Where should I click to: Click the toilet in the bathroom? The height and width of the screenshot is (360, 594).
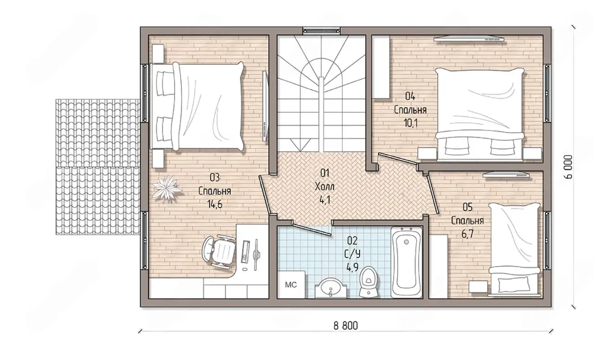coord(368,282)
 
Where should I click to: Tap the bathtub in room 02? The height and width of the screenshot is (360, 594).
coord(406,262)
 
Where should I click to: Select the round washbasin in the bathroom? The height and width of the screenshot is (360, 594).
coord(331,288)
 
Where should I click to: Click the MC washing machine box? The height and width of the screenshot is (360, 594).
coord(291,284)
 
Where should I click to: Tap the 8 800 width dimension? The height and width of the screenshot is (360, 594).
coord(346,326)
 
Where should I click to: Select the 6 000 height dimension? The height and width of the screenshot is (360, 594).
coord(568,167)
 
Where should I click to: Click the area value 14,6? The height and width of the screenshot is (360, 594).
coord(215,205)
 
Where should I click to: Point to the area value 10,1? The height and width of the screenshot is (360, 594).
coord(411,123)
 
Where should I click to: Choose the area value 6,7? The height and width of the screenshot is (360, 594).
coord(467,234)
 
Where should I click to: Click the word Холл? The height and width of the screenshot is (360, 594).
coord(324,186)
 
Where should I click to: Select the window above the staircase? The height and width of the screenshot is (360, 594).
coord(322,31)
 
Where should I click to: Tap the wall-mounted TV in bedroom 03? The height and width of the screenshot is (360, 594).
coord(265,105)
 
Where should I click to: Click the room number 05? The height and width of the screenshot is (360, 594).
coord(467,207)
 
